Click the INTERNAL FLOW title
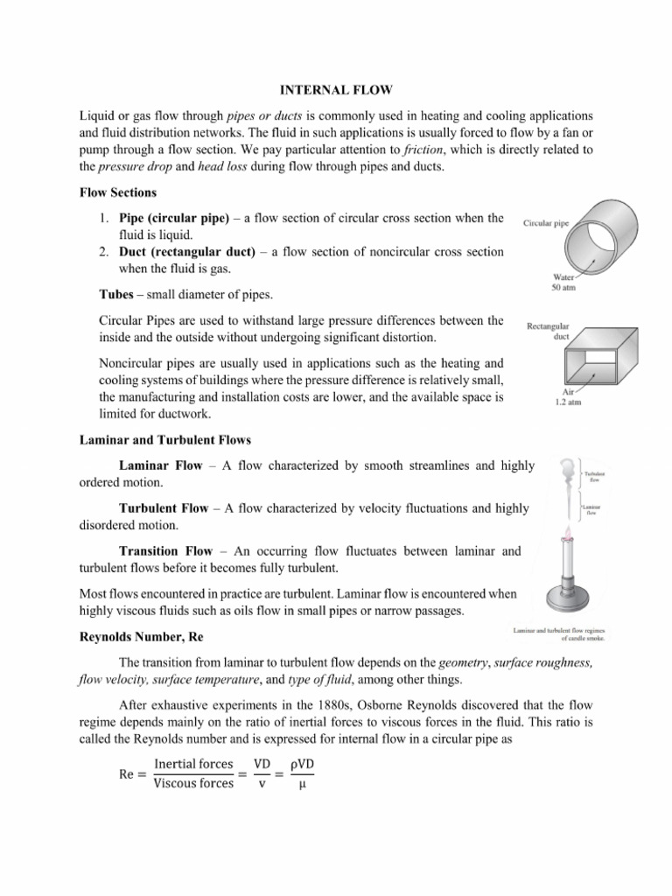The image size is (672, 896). (x=337, y=90)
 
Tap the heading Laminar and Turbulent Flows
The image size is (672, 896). (x=165, y=440)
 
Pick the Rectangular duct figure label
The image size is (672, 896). (x=548, y=331)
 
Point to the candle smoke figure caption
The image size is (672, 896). (x=557, y=634)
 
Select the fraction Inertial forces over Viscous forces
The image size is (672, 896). (x=192, y=774)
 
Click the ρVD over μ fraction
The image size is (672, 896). (x=305, y=774)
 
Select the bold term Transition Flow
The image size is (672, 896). (x=165, y=551)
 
